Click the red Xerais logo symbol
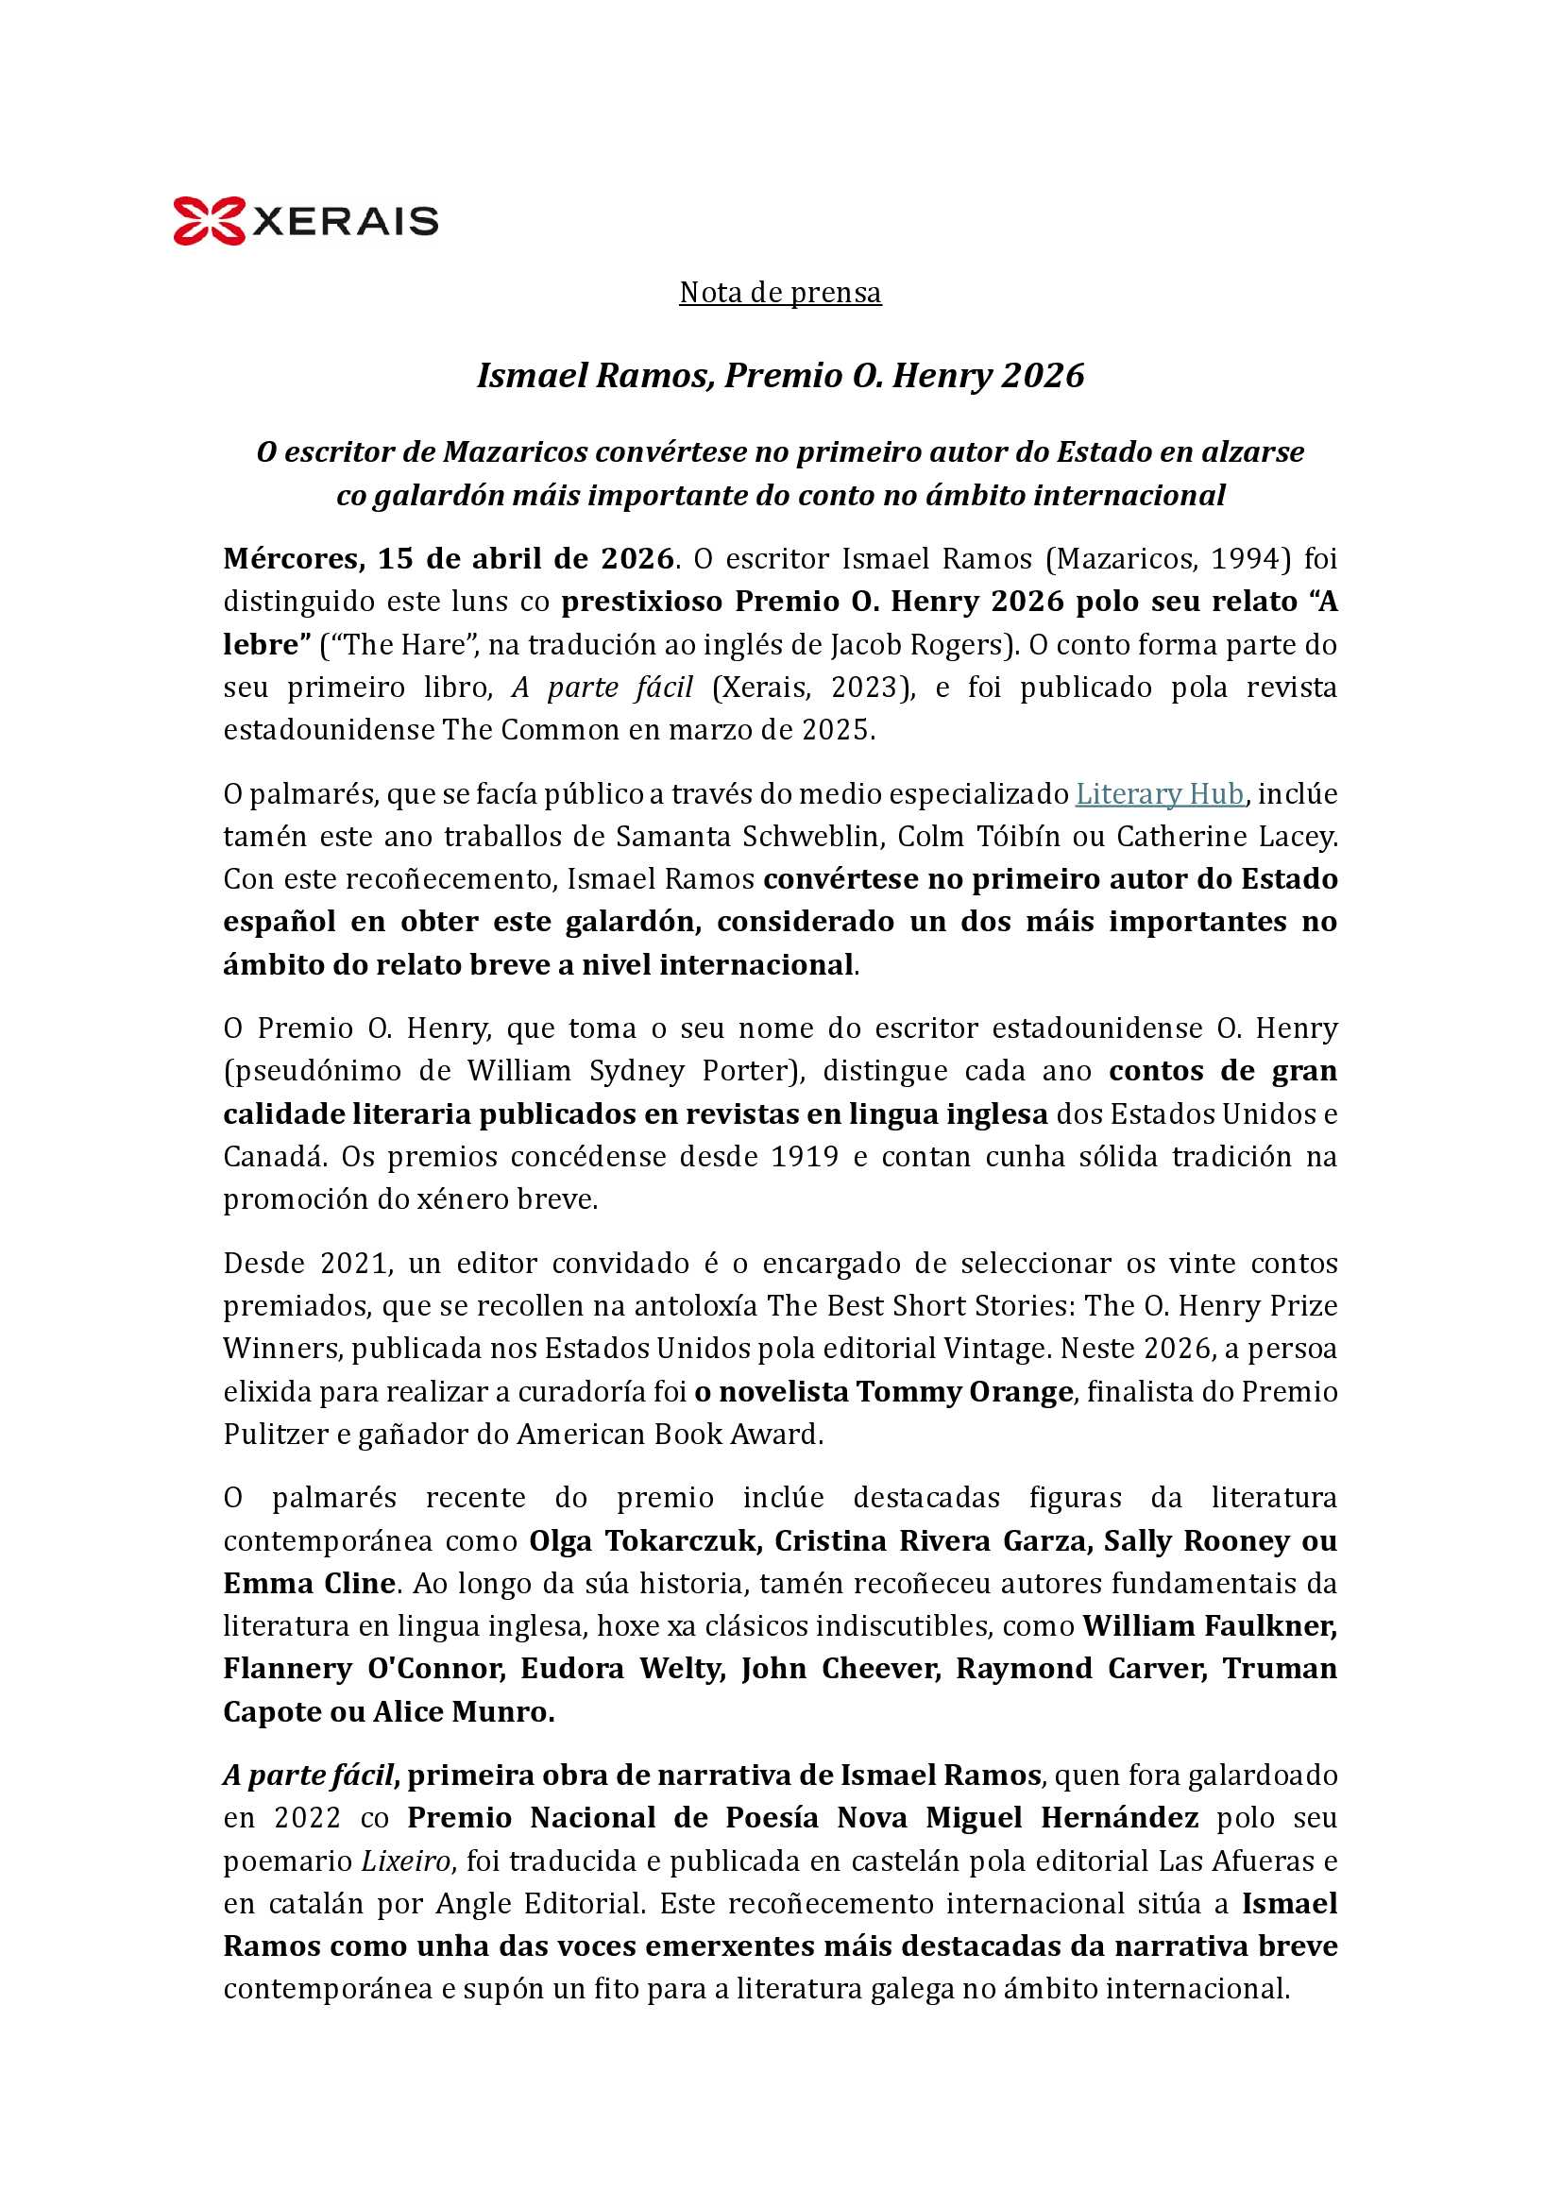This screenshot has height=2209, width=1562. pyautogui.click(x=208, y=220)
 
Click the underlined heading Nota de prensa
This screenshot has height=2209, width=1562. pyautogui.click(x=780, y=293)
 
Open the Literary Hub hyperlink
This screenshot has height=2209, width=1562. pyautogui.click(x=1159, y=793)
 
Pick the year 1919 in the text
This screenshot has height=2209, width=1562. pyautogui.click(x=805, y=1157)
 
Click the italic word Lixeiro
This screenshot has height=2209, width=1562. pyautogui.click(x=405, y=1861)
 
